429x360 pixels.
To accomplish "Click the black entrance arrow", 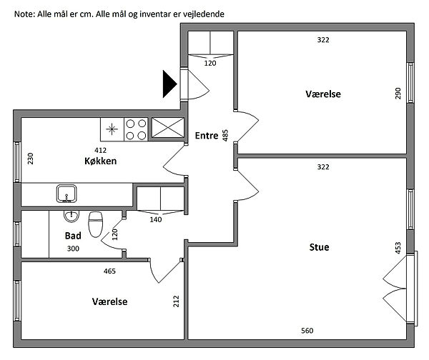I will [x=169, y=84].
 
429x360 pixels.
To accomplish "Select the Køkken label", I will [x=100, y=161].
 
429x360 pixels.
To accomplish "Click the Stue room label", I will [x=319, y=248].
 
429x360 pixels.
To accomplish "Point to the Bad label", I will [x=73, y=236].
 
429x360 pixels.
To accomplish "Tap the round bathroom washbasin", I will [x=69, y=216].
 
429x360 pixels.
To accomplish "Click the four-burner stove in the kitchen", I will [x=137, y=129].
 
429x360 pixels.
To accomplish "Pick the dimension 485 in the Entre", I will [x=225, y=135].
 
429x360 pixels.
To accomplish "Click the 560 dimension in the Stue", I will [x=306, y=331].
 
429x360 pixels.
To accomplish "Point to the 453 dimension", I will [x=398, y=248].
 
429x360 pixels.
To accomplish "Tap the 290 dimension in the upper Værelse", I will [x=398, y=94].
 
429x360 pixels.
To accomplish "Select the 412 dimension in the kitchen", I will [x=101, y=150].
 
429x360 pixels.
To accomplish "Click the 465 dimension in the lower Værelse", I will [x=110, y=271].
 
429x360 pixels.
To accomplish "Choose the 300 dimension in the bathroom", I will [x=73, y=249].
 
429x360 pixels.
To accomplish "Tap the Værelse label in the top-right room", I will [x=323, y=94].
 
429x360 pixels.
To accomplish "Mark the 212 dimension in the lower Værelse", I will [x=177, y=301].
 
